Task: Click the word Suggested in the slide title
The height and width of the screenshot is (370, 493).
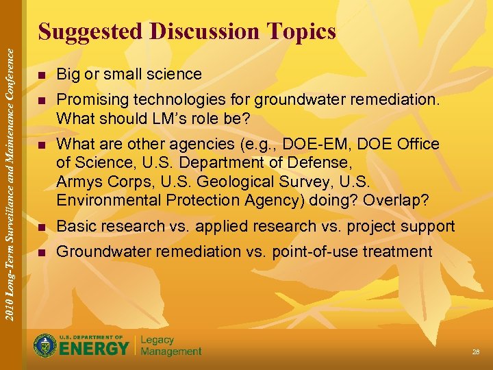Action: click(90, 32)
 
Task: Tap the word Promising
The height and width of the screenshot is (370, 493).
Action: click(89, 100)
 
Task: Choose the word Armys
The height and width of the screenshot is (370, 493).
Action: click(77, 182)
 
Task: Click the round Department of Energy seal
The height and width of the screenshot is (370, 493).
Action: click(46, 345)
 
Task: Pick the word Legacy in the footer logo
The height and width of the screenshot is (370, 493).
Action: click(157, 340)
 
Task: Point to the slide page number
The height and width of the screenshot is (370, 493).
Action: click(475, 351)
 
